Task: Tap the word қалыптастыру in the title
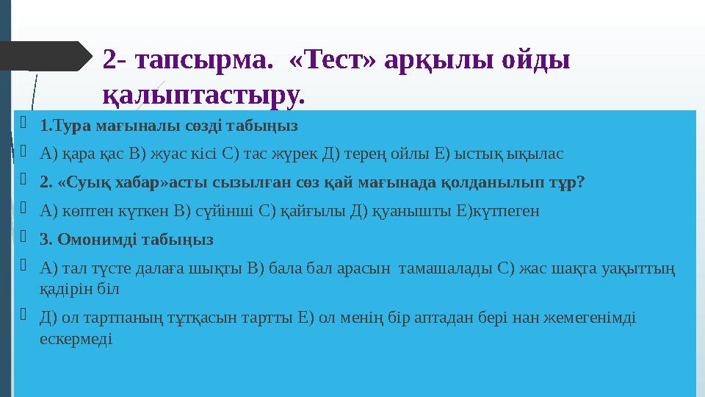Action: point(203,94)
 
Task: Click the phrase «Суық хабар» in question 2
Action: point(96,182)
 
